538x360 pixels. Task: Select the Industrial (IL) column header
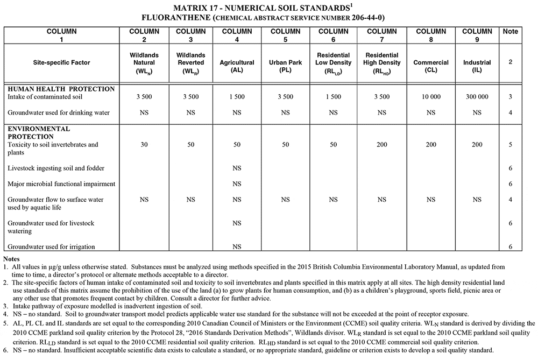(x=477, y=62)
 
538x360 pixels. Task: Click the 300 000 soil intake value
(x=477, y=97)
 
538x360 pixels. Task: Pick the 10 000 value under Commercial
(x=430, y=97)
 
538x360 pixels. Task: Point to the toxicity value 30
(x=144, y=145)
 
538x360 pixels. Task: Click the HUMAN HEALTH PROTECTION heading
(x=61, y=89)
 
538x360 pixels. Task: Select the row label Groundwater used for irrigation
(x=51, y=247)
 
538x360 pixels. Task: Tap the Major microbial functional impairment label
(x=61, y=184)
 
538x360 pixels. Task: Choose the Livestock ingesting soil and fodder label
(x=56, y=168)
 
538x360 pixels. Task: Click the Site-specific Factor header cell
(x=61, y=62)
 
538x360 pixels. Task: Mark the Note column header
(x=510, y=31)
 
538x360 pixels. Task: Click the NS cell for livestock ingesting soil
(x=237, y=168)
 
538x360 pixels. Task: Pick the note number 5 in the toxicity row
(x=510, y=145)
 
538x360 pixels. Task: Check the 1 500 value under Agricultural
(x=237, y=97)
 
